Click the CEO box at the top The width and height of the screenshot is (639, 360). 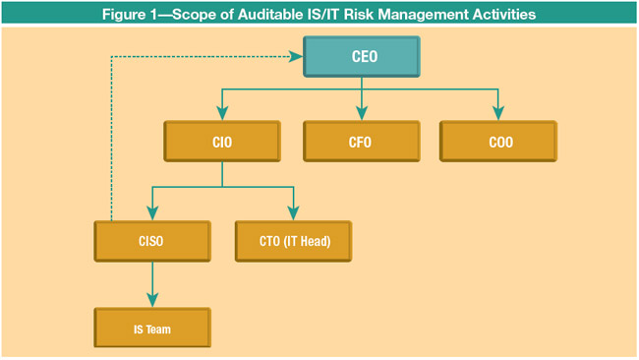[362, 56]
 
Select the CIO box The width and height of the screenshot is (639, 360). [221, 142]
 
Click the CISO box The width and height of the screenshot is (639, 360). [152, 240]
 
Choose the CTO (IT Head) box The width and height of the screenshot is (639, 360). [292, 240]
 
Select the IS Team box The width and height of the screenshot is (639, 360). [152, 329]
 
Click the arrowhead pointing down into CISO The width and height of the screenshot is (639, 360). [152, 212]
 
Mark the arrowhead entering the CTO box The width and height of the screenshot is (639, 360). [292, 212]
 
